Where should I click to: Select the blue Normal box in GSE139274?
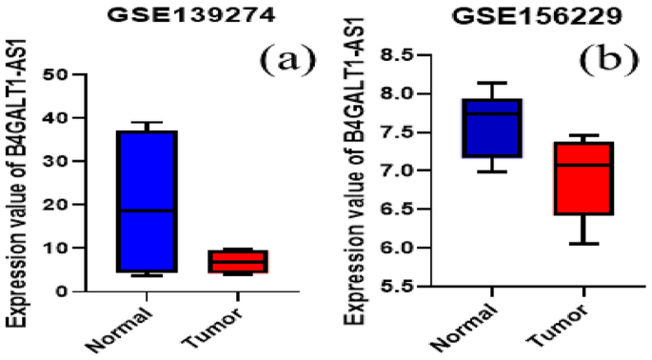click(147, 201)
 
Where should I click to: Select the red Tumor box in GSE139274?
click(241, 261)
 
